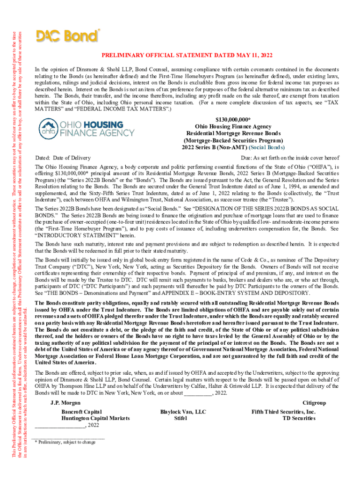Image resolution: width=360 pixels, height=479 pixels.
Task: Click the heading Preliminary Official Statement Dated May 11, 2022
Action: (x=187, y=55)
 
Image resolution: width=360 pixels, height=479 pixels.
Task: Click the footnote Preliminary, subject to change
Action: (x=67, y=442)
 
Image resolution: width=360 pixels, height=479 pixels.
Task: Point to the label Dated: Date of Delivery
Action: (x=63, y=158)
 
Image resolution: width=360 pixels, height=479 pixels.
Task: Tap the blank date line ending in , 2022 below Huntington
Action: (x=67, y=425)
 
